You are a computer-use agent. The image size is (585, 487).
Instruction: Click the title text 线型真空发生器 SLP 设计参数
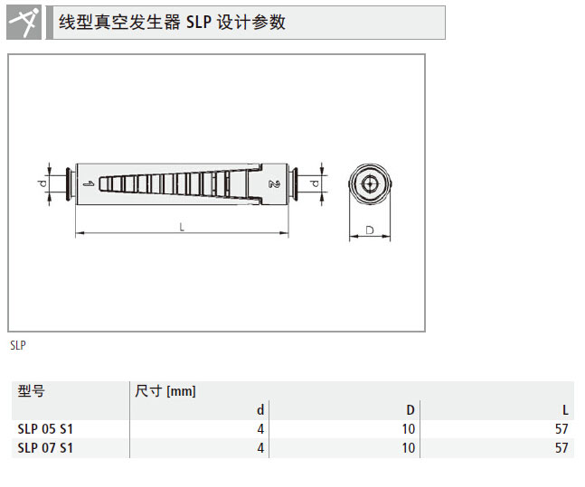(172, 23)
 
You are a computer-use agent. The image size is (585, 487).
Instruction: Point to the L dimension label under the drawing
(182, 228)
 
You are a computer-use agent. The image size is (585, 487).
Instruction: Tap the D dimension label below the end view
(370, 230)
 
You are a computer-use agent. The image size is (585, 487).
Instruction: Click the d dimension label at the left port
(42, 183)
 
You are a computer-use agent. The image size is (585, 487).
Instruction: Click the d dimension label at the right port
(314, 183)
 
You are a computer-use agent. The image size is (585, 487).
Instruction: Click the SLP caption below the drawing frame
(18, 345)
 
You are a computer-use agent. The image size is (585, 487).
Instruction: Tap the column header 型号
(31, 391)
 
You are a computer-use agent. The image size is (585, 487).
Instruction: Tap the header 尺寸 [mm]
(165, 391)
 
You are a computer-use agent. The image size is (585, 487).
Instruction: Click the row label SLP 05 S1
(45, 429)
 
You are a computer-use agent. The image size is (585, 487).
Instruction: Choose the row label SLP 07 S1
(45, 447)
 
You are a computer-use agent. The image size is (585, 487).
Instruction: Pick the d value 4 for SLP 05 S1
(260, 429)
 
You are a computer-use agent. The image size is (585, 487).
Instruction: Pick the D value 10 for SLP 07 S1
(409, 447)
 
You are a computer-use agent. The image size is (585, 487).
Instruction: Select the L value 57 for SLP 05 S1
(561, 429)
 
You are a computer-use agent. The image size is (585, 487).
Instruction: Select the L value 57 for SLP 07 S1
(561, 447)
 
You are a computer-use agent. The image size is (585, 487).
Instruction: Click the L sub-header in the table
(565, 410)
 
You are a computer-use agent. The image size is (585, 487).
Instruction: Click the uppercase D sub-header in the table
(410, 410)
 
